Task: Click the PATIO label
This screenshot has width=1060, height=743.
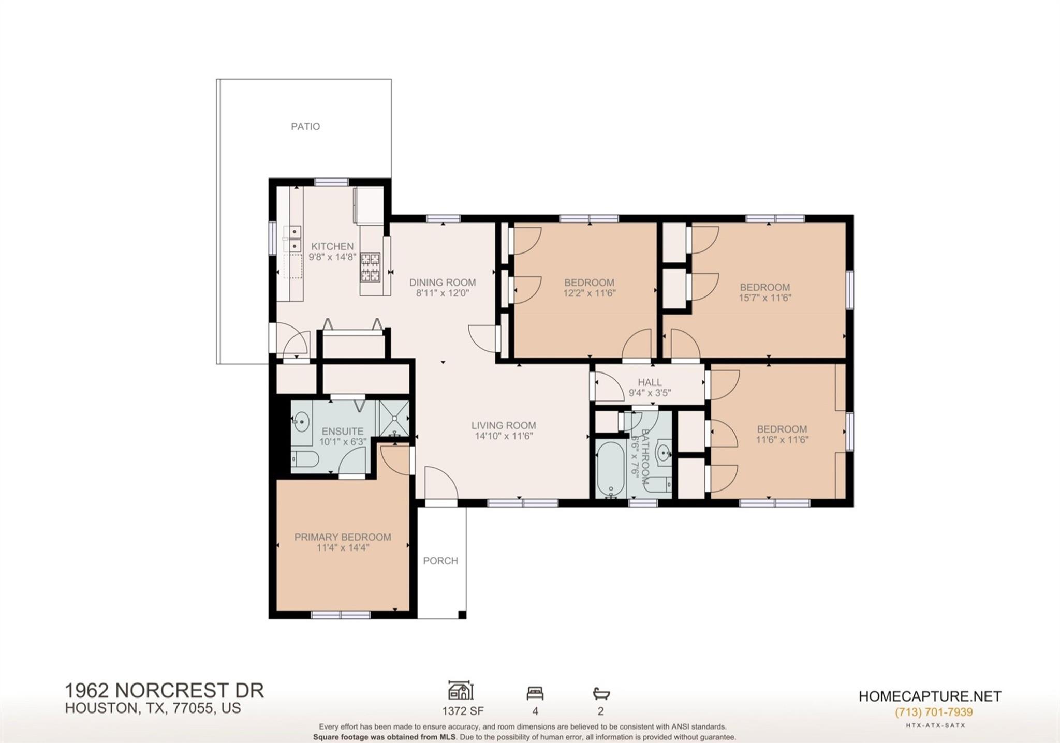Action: click(x=305, y=126)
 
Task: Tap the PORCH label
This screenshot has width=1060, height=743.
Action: click(x=440, y=561)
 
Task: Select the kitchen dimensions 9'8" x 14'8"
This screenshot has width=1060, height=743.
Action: click(x=333, y=257)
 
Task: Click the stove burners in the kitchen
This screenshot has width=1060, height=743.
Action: click(x=370, y=267)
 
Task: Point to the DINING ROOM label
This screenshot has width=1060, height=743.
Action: click(x=443, y=283)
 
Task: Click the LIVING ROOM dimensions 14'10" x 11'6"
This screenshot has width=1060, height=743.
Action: click(x=504, y=436)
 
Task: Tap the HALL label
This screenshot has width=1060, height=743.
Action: click(x=650, y=382)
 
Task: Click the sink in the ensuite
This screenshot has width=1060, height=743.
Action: click(x=301, y=422)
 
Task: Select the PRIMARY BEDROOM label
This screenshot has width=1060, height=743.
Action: click(x=343, y=537)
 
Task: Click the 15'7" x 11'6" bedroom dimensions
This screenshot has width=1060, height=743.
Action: click(x=765, y=298)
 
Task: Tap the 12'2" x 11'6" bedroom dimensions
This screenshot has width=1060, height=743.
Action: click(x=590, y=293)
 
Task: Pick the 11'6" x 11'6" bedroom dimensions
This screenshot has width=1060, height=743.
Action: click(x=782, y=440)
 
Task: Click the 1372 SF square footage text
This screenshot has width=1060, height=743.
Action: click(x=463, y=711)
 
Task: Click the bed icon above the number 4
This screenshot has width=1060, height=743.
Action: click(x=535, y=693)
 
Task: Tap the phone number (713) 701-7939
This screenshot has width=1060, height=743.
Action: click(x=934, y=712)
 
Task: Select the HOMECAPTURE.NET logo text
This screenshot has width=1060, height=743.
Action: click(x=930, y=696)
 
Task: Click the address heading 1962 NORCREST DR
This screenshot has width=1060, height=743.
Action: click(x=164, y=691)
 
